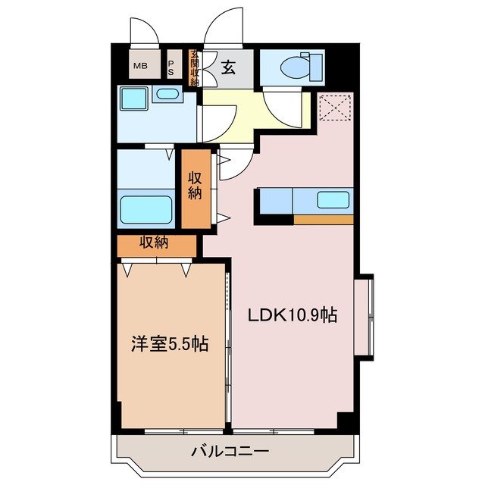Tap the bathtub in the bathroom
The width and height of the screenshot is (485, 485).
[x=147, y=208]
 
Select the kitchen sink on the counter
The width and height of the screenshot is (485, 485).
[x=333, y=201]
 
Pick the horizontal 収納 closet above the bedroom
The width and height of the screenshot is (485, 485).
[x=158, y=244]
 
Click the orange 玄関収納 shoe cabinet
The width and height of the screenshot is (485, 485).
[x=194, y=67]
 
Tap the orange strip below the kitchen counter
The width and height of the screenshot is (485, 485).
[x=324, y=220]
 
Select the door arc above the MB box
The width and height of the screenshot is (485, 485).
[x=144, y=31]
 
